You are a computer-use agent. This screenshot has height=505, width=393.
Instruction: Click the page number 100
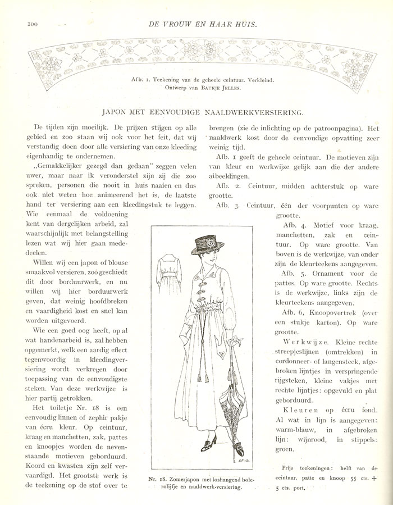(x=31, y=24)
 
